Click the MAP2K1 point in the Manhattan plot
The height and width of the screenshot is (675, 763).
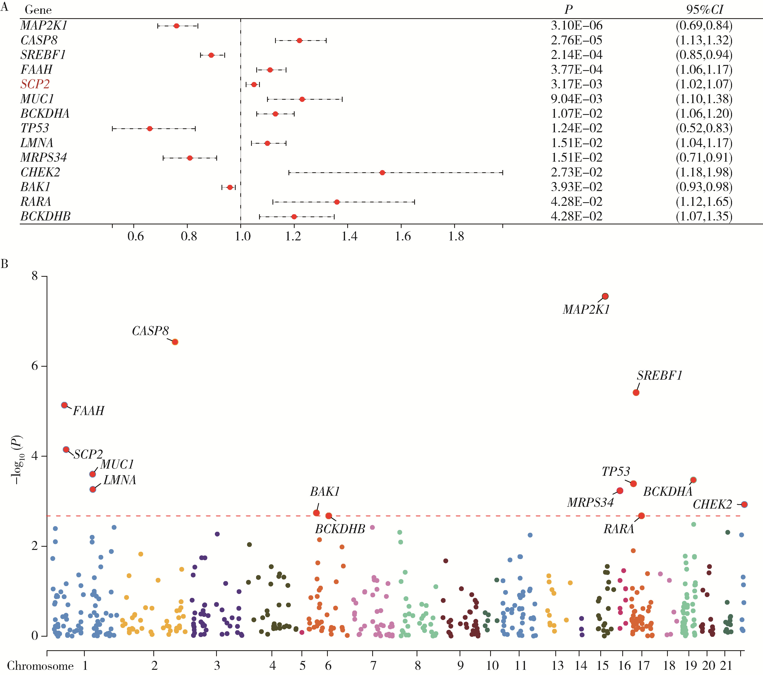[605, 296]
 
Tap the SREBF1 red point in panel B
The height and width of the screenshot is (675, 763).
[636, 392]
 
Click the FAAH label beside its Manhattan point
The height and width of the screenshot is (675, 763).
[89, 411]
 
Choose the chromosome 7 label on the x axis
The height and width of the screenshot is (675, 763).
[373, 665]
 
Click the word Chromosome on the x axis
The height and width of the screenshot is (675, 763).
[40, 666]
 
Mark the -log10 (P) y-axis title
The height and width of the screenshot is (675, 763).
[17, 460]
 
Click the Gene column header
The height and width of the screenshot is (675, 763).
[38, 10]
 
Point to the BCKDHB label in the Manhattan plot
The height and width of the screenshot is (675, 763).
[340, 529]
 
